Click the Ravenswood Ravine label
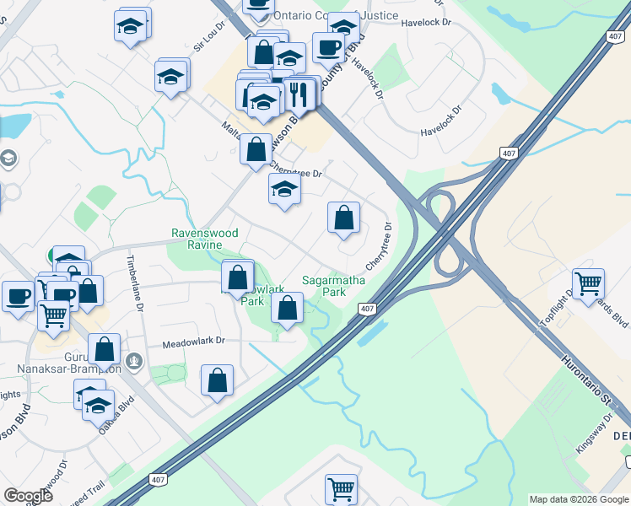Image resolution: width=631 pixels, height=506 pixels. (x=204, y=239)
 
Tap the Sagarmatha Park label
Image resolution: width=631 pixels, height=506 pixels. (x=324, y=286)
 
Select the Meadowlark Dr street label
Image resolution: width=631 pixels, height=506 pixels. (x=193, y=342)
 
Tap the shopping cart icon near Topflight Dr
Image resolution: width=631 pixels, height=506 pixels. (x=588, y=283)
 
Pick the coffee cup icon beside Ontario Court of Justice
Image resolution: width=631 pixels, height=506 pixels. (x=328, y=46)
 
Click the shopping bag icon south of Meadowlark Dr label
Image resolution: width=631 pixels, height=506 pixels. (x=217, y=379)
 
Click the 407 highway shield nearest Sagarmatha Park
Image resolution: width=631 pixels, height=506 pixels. (x=365, y=309)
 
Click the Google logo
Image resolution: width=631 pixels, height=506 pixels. (x=28, y=496)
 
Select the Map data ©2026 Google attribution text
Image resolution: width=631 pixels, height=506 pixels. (x=579, y=499)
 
